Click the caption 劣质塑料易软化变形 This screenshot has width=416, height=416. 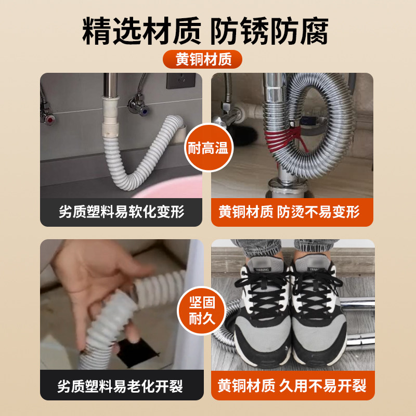pos(121,212)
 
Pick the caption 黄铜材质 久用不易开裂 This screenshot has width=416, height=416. pos(292,386)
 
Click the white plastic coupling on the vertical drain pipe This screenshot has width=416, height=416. pos(111,116)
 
